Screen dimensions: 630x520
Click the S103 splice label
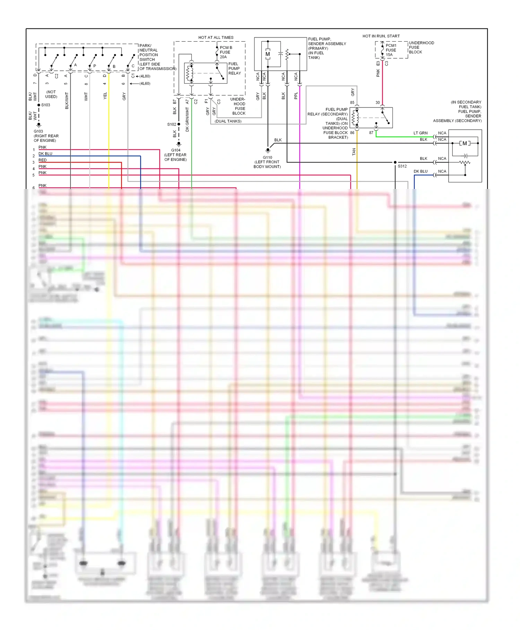point(45,105)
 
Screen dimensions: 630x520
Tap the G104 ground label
point(176,150)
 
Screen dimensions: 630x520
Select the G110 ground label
point(267,157)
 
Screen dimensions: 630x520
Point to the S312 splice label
point(402,166)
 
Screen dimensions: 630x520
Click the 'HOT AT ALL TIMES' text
point(216,37)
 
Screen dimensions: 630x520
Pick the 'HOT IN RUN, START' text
point(381,36)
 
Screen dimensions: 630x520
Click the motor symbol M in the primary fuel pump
point(268,54)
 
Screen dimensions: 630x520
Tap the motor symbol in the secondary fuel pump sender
point(465,143)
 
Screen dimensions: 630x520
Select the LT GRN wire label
point(420,133)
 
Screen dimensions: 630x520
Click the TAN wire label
point(354,152)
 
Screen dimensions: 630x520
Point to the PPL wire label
point(296,96)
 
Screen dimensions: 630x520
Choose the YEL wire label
point(105,96)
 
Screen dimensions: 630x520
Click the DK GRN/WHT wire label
point(187,119)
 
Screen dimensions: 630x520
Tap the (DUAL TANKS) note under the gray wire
point(228,121)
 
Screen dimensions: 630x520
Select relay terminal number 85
point(352,103)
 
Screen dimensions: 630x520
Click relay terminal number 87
point(371,133)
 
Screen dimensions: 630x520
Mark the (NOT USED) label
point(51,94)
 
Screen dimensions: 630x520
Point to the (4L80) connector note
point(145,76)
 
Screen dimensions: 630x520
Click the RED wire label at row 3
point(42,160)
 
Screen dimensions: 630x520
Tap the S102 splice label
point(172,124)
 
